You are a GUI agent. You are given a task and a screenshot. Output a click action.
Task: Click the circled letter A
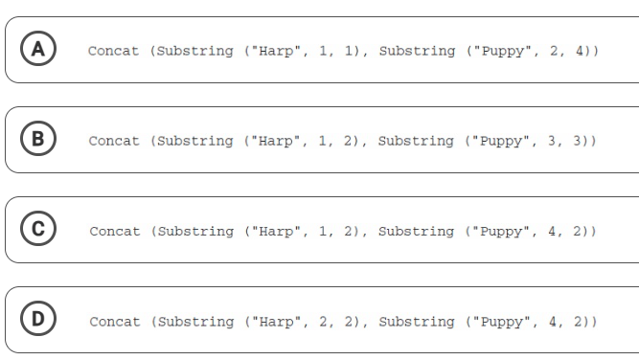pyautogui.click(x=38, y=49)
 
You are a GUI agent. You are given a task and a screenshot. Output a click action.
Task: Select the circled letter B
pyautogui.click(x=38, y=139)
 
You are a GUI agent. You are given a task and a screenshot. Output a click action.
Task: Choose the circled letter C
pyautogui.click(x=38, y=229)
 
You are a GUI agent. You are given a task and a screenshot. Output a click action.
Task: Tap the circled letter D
pyautogui.click(x=38, y=319)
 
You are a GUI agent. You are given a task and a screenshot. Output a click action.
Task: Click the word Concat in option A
pyautogui.click(x=113, y=51)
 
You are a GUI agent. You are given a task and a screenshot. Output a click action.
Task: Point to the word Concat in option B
pyautogui.click(x=114, y=141)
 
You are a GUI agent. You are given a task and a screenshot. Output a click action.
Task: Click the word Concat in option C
pyautogui.click(x=115, y=232)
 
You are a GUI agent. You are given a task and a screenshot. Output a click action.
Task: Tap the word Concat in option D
pyautogui.click(x=115, y=322)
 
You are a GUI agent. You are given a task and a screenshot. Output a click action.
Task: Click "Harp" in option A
pyautogui.click(x=276, y=51)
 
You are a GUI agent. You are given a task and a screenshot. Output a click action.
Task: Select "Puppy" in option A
pyautogui.click(x=503, y=52)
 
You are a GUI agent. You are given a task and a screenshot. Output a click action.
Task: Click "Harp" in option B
pyautogui.click(x=276, y=141)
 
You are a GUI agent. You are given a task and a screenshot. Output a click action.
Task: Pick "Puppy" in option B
pyautogui.click(x=501, y=142)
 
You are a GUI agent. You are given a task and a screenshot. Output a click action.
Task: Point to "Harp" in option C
pyautogui.click(x=276, y=232)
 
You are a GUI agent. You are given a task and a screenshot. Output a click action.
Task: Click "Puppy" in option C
pyautogui.click(x=501, y=232)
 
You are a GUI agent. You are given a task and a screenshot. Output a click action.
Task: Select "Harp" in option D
pyautogui.click(x=276, y=322)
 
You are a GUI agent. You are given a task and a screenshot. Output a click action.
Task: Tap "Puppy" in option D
pyautogui.click(x=502, y=322)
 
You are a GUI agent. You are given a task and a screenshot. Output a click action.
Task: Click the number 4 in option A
pyautogui.click(x=580, y=51)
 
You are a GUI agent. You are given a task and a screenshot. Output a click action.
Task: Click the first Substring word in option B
pyautogui.click(x=195, y=142)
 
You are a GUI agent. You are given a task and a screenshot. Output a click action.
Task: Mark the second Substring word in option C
pyautogui.click(x=416, y=232)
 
